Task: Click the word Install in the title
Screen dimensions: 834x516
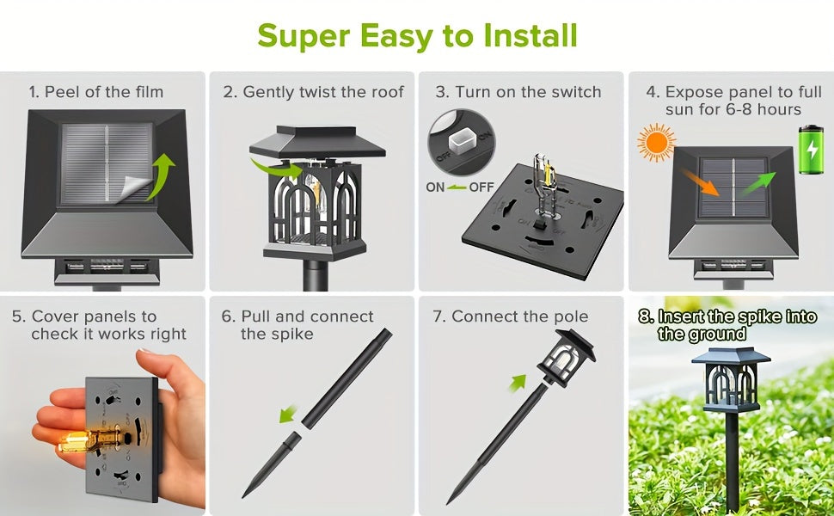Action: [x=530, y=35]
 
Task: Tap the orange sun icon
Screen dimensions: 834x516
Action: [x=656, y=143]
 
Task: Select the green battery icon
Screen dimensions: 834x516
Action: [x=811, y=150]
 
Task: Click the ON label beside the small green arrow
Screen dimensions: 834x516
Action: [x=435, y=187]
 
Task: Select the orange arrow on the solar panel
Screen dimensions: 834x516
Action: [x=701, y=182]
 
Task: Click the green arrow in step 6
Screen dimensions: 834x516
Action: [x=288, y=414]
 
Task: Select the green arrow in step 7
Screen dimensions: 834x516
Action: [x=518, y=383]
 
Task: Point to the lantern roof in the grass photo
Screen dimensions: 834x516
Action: [x=731, y=355]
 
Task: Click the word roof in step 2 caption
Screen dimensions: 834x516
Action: [x=387, y=92]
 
